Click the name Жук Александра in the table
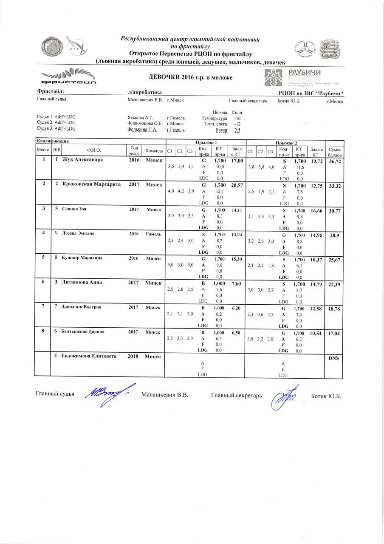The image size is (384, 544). point(82,160)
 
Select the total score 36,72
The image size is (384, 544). point(333,162)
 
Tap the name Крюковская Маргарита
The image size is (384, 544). point(91,184)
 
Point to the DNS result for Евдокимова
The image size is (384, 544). point(333,358)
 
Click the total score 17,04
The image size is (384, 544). point(333,334)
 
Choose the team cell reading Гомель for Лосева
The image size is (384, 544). point(153,233)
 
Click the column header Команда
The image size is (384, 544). point(154,150)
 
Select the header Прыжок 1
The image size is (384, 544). point(206,142)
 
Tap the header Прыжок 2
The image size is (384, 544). point(287,142)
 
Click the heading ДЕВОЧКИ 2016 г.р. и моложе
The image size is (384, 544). point(191,77)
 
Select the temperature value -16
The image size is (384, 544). point(238,118)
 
